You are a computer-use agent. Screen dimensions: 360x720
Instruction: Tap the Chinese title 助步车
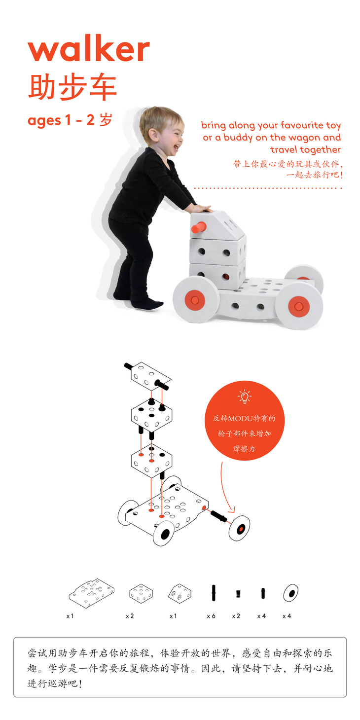point(72,87)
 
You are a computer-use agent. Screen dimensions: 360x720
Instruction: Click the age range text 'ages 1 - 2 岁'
point(70,120)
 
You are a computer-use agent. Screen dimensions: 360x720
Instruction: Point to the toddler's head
point(162,130)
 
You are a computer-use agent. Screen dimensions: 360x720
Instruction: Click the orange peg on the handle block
point(199,227)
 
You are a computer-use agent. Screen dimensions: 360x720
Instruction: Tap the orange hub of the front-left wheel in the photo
point(195,300)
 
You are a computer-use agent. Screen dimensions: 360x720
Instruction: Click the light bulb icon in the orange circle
point(245,396)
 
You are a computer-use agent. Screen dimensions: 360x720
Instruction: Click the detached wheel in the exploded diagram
point(239,528)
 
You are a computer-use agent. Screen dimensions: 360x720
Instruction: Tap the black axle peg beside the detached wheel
point(218,515)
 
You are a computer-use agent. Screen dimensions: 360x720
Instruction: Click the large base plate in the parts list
point(92,593)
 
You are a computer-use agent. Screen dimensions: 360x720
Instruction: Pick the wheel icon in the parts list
point(290,593)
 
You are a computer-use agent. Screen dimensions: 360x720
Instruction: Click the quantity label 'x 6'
point(211,616)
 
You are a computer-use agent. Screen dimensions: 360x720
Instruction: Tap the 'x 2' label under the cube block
point(130,616)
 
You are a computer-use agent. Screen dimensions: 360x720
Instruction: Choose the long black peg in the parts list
point(214,593)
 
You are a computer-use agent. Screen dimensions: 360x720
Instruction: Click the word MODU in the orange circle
point(241,419)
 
